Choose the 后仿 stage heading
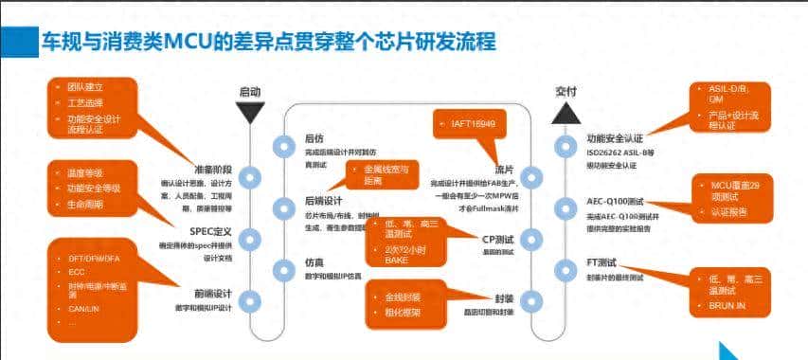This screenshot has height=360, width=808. pos(314,138)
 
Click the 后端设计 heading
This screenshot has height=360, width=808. pos(323,201)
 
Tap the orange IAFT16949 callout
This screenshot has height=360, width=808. pos(466,123)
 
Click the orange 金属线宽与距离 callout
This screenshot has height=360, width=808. pos(381,174)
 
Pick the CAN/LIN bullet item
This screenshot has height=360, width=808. pos(84,307)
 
